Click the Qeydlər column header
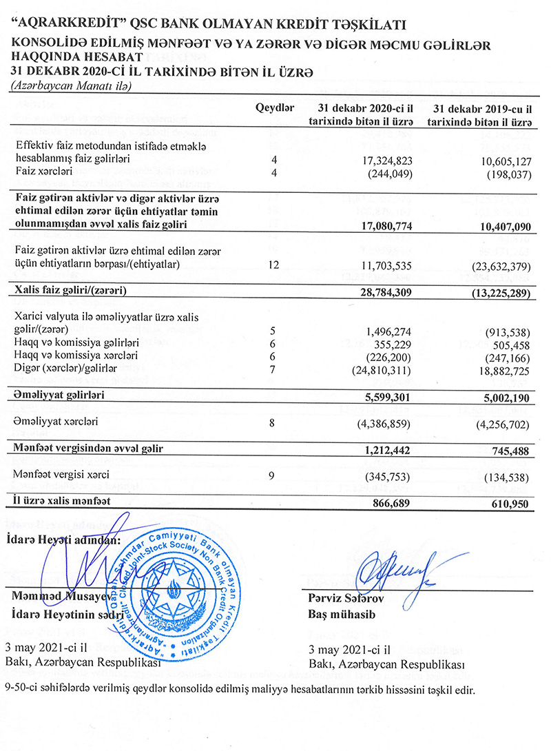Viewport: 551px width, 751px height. point(275,109)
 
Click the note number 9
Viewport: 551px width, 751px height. point(275,475)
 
